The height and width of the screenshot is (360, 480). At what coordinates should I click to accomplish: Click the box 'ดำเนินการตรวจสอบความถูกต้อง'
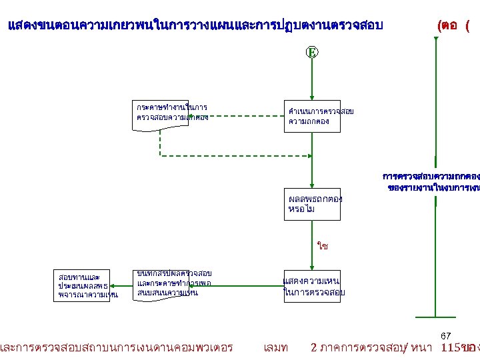click(x=312, y=117)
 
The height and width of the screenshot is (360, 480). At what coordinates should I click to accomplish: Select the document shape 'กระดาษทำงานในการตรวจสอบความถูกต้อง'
click(x=171, y=113)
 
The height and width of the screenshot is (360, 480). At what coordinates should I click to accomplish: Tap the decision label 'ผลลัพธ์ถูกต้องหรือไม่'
click(x=311, y=203)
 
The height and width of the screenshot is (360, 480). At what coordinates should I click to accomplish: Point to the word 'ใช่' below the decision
click(x=323, y=246)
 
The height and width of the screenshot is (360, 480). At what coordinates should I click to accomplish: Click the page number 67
click(x=446, y=335)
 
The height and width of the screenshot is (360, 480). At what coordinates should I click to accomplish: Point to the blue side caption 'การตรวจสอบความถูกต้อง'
click(x=431, y=177)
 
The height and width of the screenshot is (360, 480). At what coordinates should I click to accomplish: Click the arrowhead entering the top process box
click(x=311, y=98)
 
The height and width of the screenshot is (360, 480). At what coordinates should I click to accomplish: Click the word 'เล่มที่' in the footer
click(x=275, y=347)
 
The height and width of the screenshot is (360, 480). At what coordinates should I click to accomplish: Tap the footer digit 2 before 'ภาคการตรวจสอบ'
click(x=315, y=347)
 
